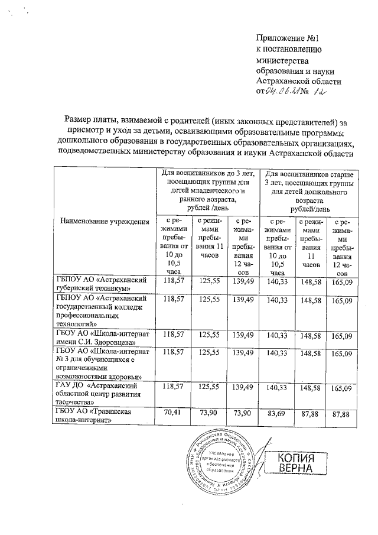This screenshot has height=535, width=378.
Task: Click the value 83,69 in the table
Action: click(x=276, y=413)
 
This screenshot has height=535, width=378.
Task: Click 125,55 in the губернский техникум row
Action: click(x=210, y=280)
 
